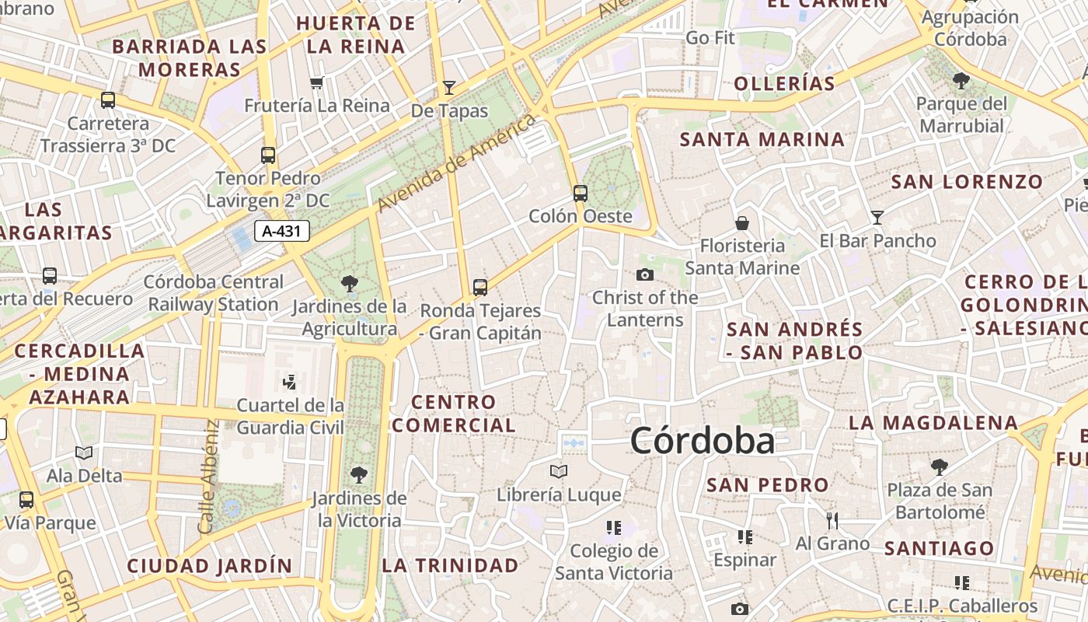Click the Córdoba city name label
[x=703, y=441]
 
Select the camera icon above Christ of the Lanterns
[x=644, y=274]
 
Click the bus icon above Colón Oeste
[x=580, y=193]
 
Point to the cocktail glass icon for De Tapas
[x=448, y=88]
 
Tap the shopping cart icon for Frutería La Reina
[x=316, y=82]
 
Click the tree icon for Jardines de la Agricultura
[x=350, y=284]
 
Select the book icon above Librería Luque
[x=558, y=471]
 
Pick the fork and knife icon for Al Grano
[x=832, y=520]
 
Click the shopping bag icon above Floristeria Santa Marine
[x=742, y=223]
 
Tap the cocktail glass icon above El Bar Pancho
[x=877, y=218]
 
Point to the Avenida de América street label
[x=458, y=162]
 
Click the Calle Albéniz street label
[x=208, y=477]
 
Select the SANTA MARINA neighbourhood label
[x=762, y=140]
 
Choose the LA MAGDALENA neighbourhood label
[x=933, y=423]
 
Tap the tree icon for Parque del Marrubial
[x=961, y=79]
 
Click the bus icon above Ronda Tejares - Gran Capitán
[x=480, y=288]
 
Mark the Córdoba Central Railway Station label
[x=214, y=293]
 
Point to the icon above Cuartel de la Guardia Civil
[x=290, y=382]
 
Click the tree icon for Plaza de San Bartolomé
[x=939, y=466]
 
